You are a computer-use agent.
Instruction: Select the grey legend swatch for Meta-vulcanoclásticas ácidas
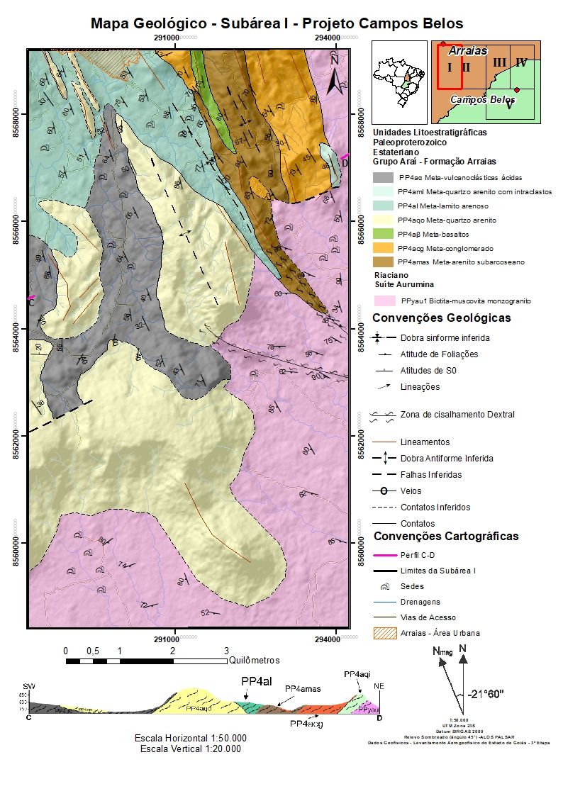click(x=383, y=178)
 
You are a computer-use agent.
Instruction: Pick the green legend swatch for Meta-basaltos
click(x=383, y=234)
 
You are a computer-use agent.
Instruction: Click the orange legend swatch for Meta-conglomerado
click(x=383, y=248)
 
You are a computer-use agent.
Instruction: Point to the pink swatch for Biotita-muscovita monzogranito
click(x=383, y=301)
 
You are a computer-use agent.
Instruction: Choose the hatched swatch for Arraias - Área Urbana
click(x=383, y=632)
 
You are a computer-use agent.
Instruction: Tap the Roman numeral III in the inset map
click(x=499, y=63)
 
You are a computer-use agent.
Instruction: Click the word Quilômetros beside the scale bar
click(x=255, y=660)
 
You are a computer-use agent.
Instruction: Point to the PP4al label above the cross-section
click(x=257, y=681)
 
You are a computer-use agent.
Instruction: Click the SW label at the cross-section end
click(x=28, y=687)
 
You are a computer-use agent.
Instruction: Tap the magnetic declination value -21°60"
click(x=486, y=694)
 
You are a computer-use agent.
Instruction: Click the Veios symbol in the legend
click(x=383, y=491)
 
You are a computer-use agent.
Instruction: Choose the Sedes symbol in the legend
click(x=383, y=587)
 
